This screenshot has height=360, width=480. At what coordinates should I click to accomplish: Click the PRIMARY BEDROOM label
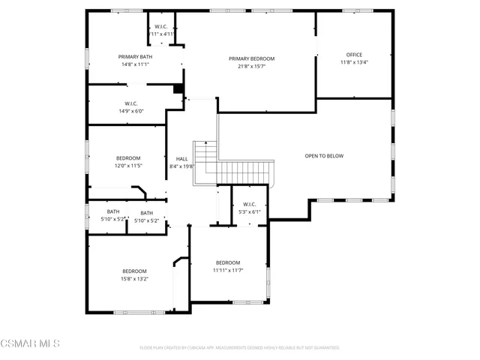click(251, 58)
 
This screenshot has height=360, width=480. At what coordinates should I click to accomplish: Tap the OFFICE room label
click(354, 55)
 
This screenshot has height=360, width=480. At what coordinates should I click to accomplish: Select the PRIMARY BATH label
click(135, 57)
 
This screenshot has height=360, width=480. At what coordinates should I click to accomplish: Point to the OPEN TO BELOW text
click(324, 156)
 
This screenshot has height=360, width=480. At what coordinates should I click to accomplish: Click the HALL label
click(181, 159)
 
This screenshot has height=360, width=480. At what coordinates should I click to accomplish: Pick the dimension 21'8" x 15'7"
click(251, 66)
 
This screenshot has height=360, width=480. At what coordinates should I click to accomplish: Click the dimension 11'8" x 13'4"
click(354, 62)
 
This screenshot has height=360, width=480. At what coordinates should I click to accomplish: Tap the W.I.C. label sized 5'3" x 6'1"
click(250, 204)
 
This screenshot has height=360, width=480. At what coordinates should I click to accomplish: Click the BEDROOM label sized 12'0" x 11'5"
click(128, 158)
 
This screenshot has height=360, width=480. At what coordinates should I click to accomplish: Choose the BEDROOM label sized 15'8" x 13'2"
click(135, 271)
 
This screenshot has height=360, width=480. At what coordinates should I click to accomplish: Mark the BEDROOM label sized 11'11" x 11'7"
click(228, 262)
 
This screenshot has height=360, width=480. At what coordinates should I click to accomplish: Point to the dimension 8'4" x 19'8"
click(181, 166)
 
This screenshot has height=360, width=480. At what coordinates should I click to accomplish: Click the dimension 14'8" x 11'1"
click(135, 64)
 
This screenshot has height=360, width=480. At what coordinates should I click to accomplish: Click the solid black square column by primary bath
click(178, 88)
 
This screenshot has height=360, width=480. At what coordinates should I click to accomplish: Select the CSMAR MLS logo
click(30, 343)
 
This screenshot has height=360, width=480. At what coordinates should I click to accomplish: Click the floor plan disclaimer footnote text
click(240, 348)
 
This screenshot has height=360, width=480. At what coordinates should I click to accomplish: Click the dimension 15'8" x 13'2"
click(135, 278)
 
